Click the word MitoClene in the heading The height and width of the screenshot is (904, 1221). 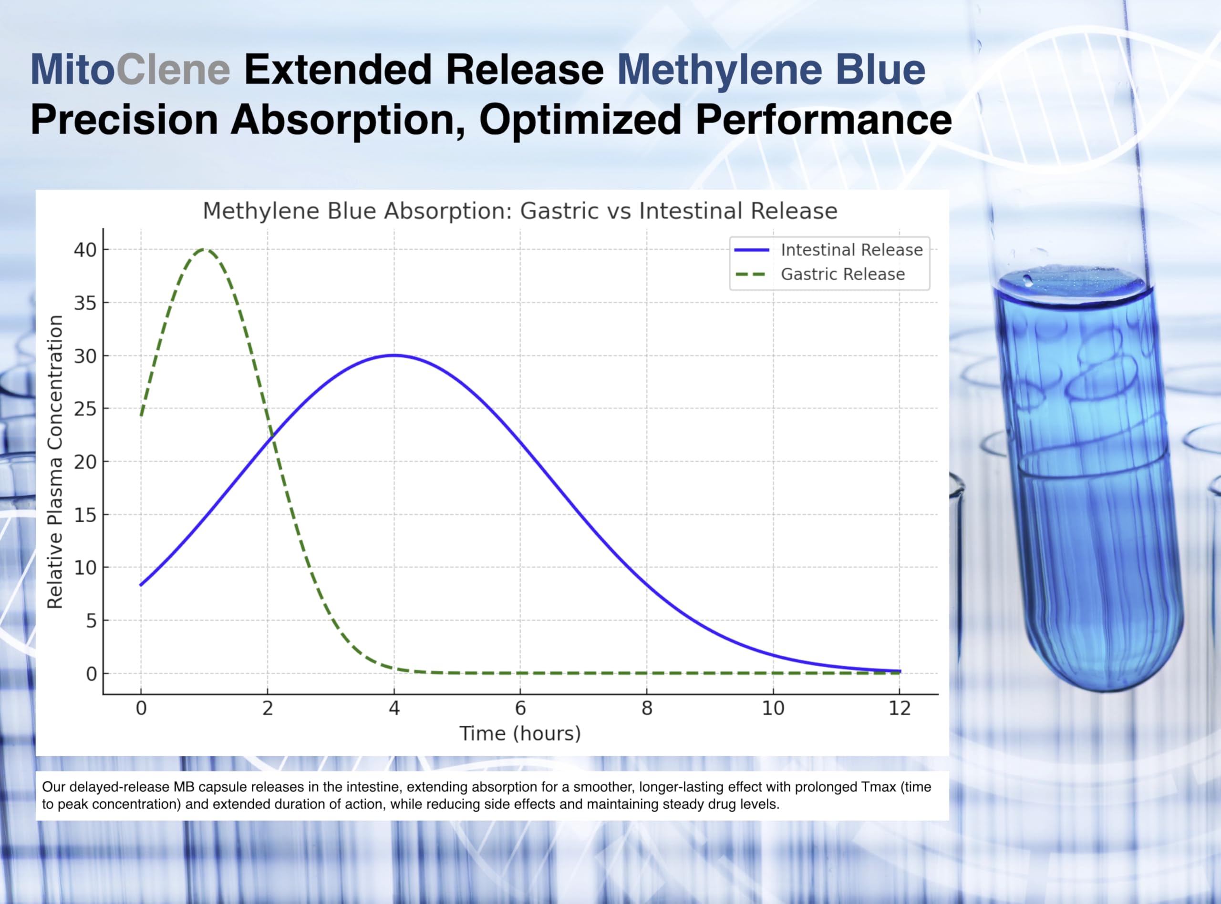(x=130, y=70)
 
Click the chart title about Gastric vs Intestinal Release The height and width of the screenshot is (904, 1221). (x=520, y=211)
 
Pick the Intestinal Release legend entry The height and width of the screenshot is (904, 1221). (x=829, y=250)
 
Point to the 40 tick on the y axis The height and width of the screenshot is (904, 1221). (x=85, y=250)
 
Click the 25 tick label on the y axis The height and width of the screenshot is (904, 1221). (x=85, y=409)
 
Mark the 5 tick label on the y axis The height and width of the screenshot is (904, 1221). (x=91, y=620)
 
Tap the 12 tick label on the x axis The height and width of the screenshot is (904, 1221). (x=900, y=709)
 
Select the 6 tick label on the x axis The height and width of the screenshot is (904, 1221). (x=520, y=709)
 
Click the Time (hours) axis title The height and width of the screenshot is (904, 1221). (x=520, y=734)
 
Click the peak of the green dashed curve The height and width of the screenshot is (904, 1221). (x=204, y=250)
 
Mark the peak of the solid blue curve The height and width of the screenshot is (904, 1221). (x=394, y=355)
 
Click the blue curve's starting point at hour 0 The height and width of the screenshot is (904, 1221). (x=141, y=585)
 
